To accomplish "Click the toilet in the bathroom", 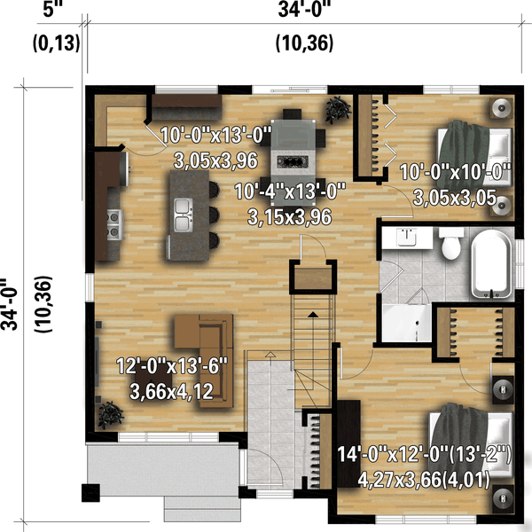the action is click(x=451, y=244).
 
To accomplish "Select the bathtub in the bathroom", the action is click(x=492, y=264).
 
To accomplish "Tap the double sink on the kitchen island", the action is click(x=184, y=215).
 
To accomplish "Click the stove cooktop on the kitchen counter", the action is click(x=114, y=224).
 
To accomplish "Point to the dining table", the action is click(x=293, y=162).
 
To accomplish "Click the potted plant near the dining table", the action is click(x=338, y=109).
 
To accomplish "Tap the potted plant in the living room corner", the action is click(x=110, y=415).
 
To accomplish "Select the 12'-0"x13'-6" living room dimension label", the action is click(x=172, y=366).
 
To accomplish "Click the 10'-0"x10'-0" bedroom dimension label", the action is click(x=456, y=172).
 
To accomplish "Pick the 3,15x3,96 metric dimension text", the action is click(x=289, y=217).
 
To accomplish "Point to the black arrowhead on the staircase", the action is click(x=313, y=315).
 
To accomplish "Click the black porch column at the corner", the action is click(x=90, y=493).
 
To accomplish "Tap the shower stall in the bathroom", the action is click(x=406, y=323).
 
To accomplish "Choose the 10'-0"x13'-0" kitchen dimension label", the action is click(x=216, y=135).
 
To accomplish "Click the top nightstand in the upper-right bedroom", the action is click(x=501, y=108).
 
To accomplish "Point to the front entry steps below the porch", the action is click(x=202, y=509).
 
